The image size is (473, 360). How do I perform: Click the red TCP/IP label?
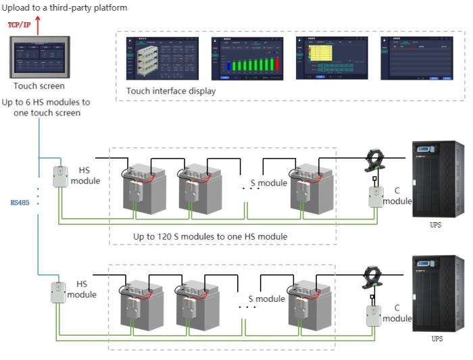tap(19, 24)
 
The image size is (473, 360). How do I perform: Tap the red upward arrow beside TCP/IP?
tap(39, 26)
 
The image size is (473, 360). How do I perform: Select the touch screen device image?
tap(39, 59)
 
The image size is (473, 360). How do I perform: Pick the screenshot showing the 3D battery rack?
tap(162, 59)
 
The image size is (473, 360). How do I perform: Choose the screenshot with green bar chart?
tap(247, 59)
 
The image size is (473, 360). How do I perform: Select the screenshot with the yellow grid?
tap(331, 59)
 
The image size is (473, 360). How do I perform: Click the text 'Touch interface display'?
tap(171, 91)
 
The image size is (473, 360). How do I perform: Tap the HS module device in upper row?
tap(60, 176)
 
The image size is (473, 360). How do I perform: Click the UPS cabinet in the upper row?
tap(438, 178)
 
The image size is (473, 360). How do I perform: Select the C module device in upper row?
tap(374, 196)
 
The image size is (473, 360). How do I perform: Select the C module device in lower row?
tap(372, 314)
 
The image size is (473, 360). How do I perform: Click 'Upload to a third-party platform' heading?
tap(64, 7)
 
